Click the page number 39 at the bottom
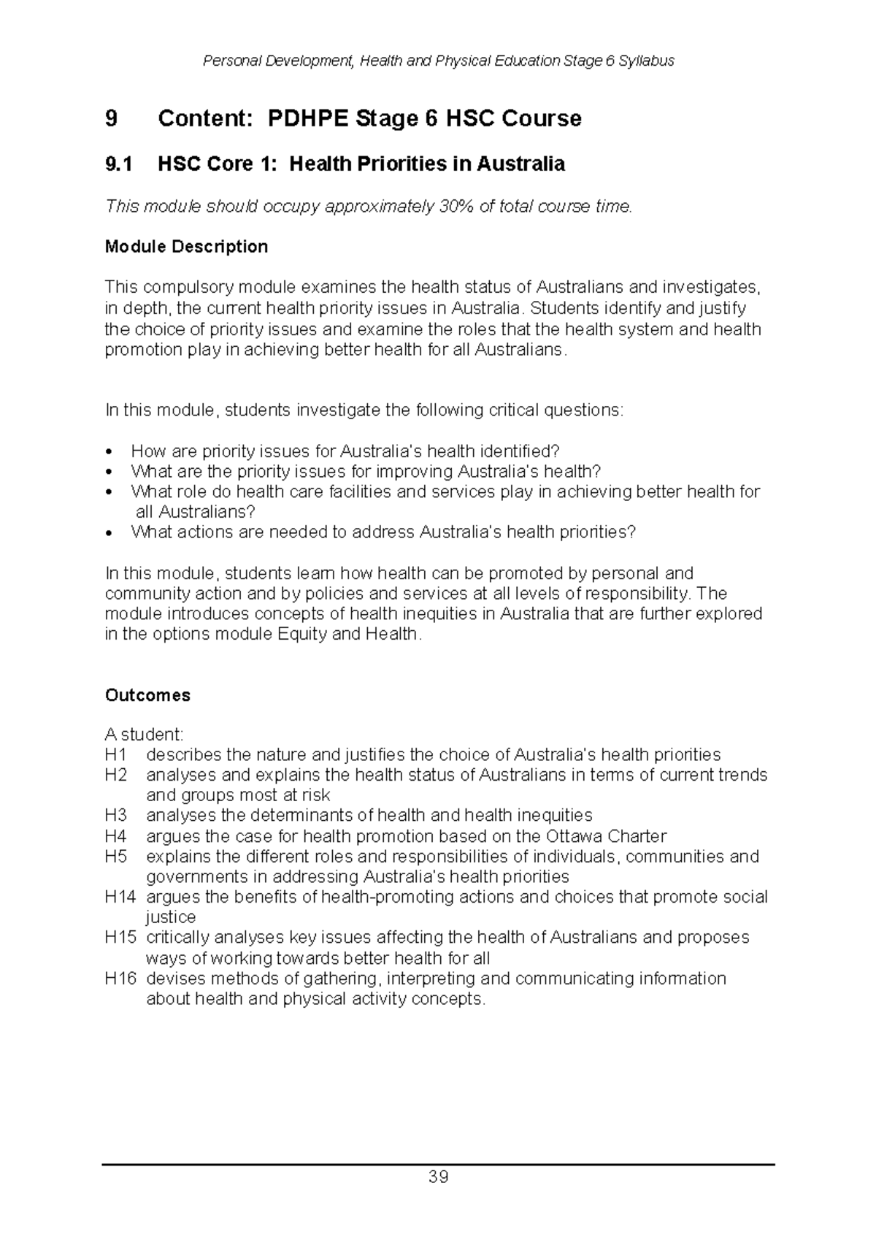point(438,1177)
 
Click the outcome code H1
point(115,754)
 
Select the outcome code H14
point(120,897)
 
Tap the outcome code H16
point(120,979)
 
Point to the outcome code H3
point(115,815)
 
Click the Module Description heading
point(186,247)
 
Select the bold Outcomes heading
point(147,695)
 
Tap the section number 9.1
point(119,164)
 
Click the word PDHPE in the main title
point(308,118)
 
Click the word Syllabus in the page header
point(646,61)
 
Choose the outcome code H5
point(115,856)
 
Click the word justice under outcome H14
point(171,917)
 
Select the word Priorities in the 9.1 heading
point(401,164)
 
